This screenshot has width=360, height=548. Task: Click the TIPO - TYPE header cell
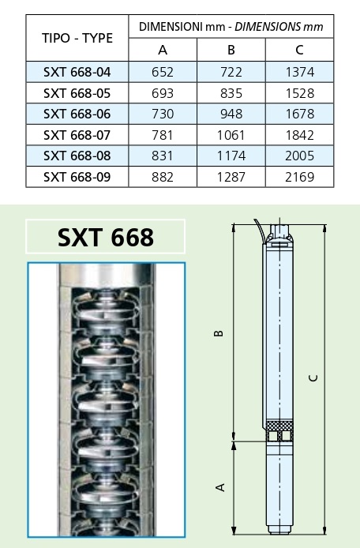(77, 38)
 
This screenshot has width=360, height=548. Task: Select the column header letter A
(163, 50)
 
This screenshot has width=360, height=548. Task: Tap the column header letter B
(231, 50)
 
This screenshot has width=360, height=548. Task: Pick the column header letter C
(299, 50)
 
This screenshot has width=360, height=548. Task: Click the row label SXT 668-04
(77, 72)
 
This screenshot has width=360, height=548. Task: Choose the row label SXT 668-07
(77, 135)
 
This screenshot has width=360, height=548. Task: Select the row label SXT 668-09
(77, 177)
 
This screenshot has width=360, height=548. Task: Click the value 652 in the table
(163, 72)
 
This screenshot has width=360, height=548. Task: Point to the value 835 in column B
(231, 93)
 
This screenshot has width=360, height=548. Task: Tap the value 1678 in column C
(300, 114)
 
